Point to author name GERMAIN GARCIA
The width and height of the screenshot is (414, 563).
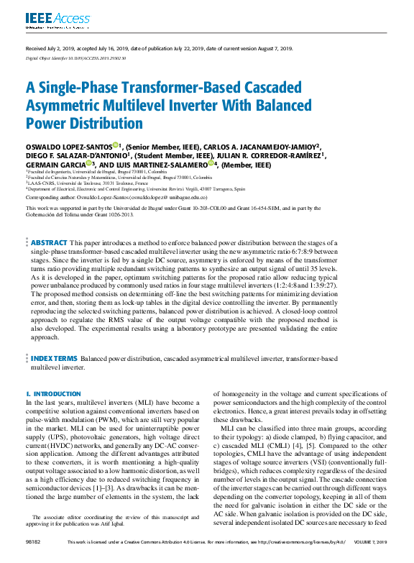tap(56, 164)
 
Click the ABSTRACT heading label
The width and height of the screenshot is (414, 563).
tap(49, 244)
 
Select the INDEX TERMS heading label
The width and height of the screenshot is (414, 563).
tap(54, 357)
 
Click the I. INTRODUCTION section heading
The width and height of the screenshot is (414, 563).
tap(48, 394)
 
